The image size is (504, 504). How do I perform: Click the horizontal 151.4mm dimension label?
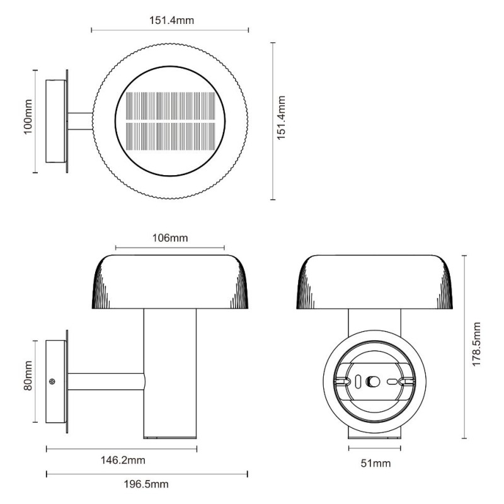pos(171,21)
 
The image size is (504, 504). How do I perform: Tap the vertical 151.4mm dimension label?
pos(281,118)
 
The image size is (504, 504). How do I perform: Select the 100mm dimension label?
pos(28,117)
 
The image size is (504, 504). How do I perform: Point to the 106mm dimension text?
pos(170,238)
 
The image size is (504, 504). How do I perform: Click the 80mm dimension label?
pos(28,375)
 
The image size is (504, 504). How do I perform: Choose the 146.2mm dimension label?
pos(123,461)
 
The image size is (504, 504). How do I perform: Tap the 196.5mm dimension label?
pos(146,484)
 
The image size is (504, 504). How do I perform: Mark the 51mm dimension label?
pos(375,463)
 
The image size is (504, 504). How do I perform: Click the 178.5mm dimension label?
pos(476,344)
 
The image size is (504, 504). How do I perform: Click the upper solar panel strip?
pos(170,106)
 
